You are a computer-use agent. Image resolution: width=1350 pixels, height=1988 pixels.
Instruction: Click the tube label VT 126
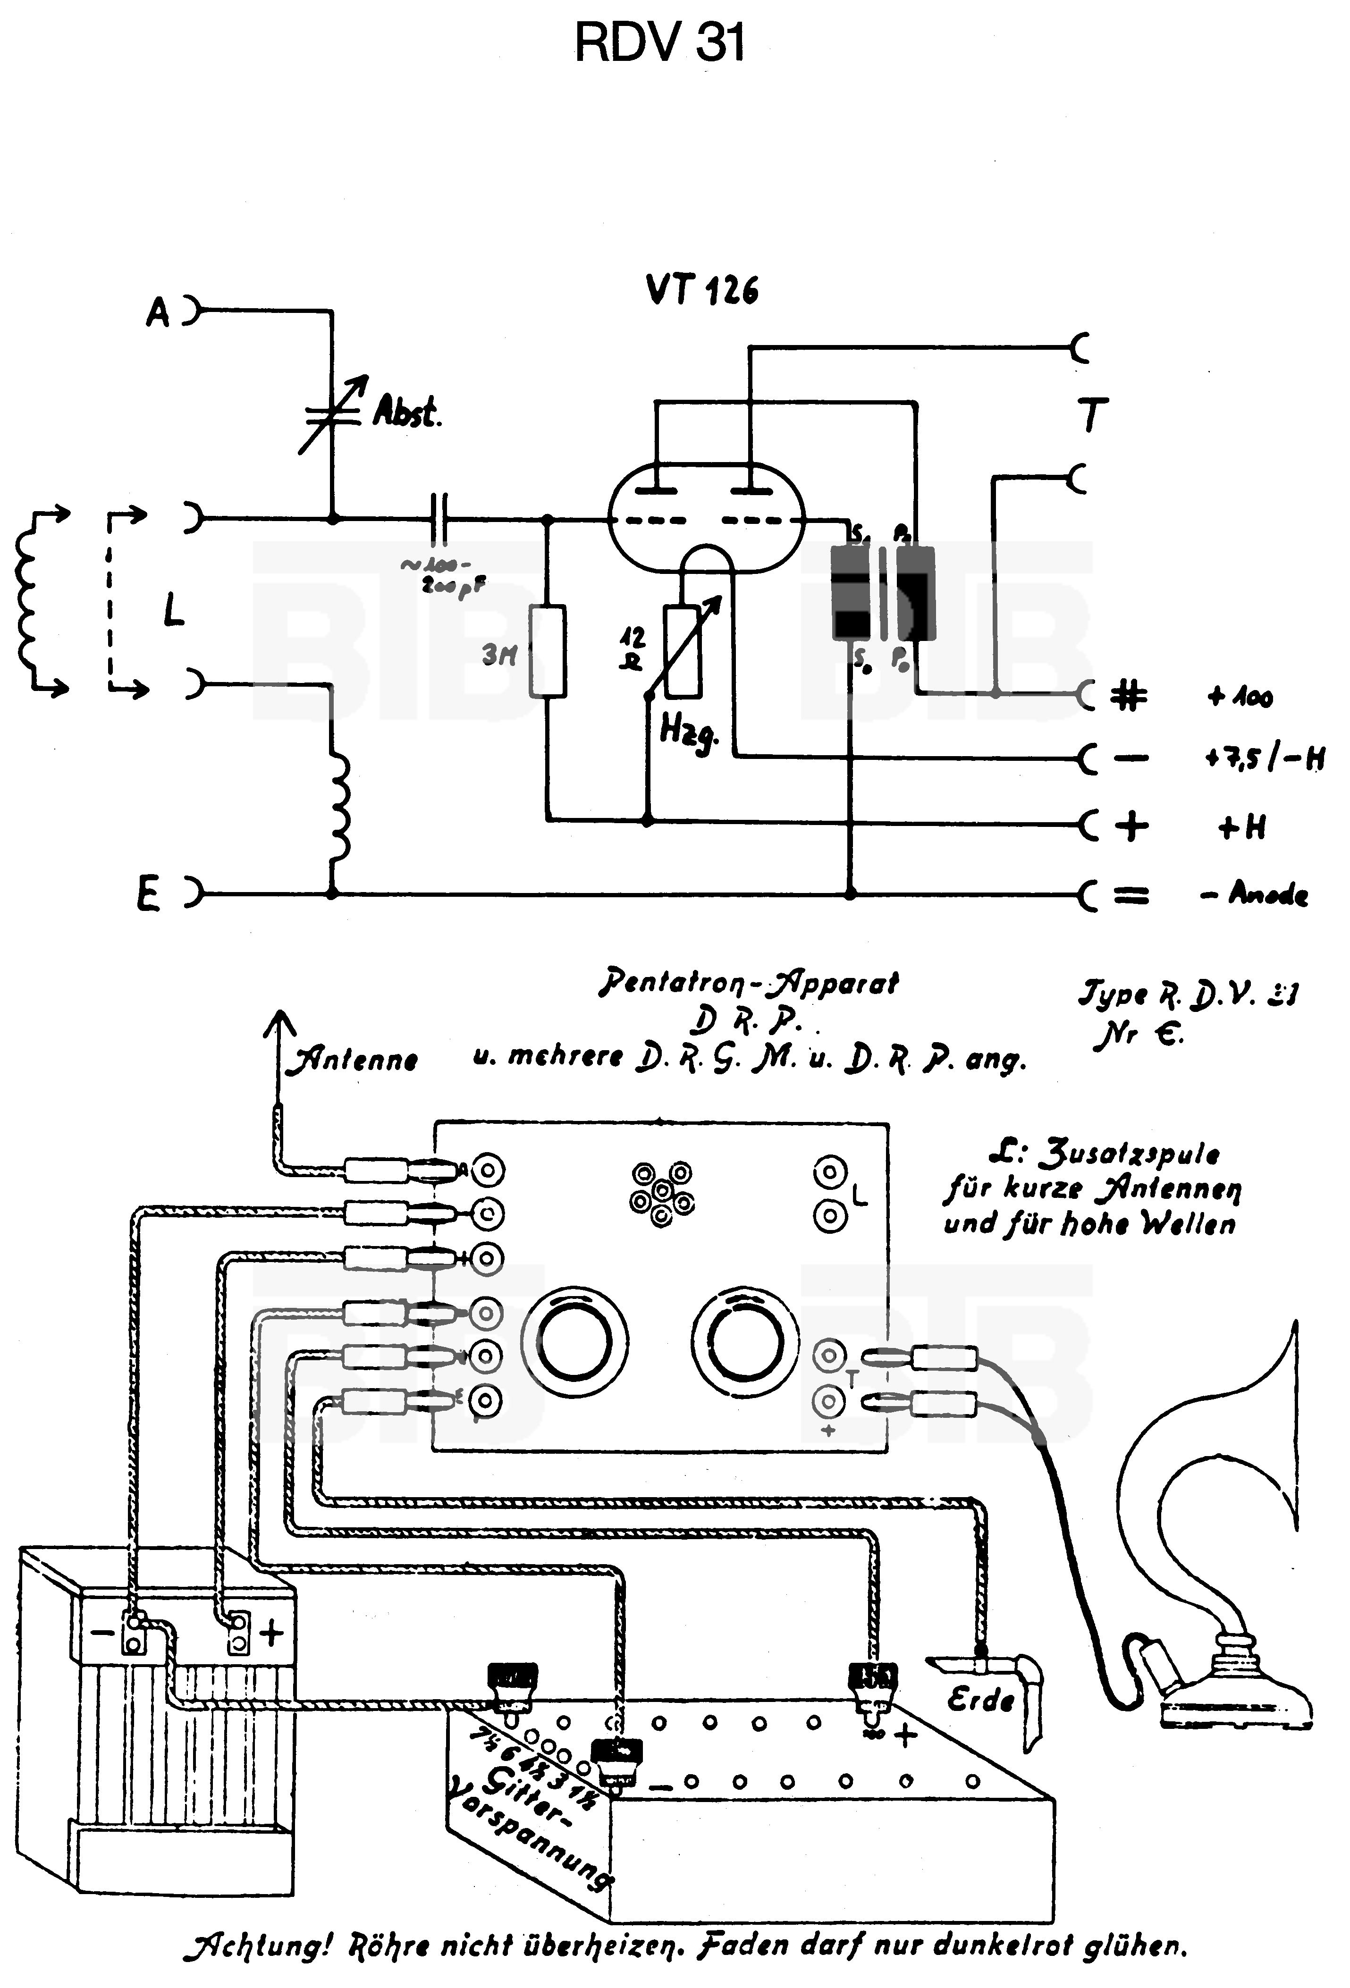pos(701,291)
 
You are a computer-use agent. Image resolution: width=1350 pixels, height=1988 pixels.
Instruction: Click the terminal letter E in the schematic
pos(148,896)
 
